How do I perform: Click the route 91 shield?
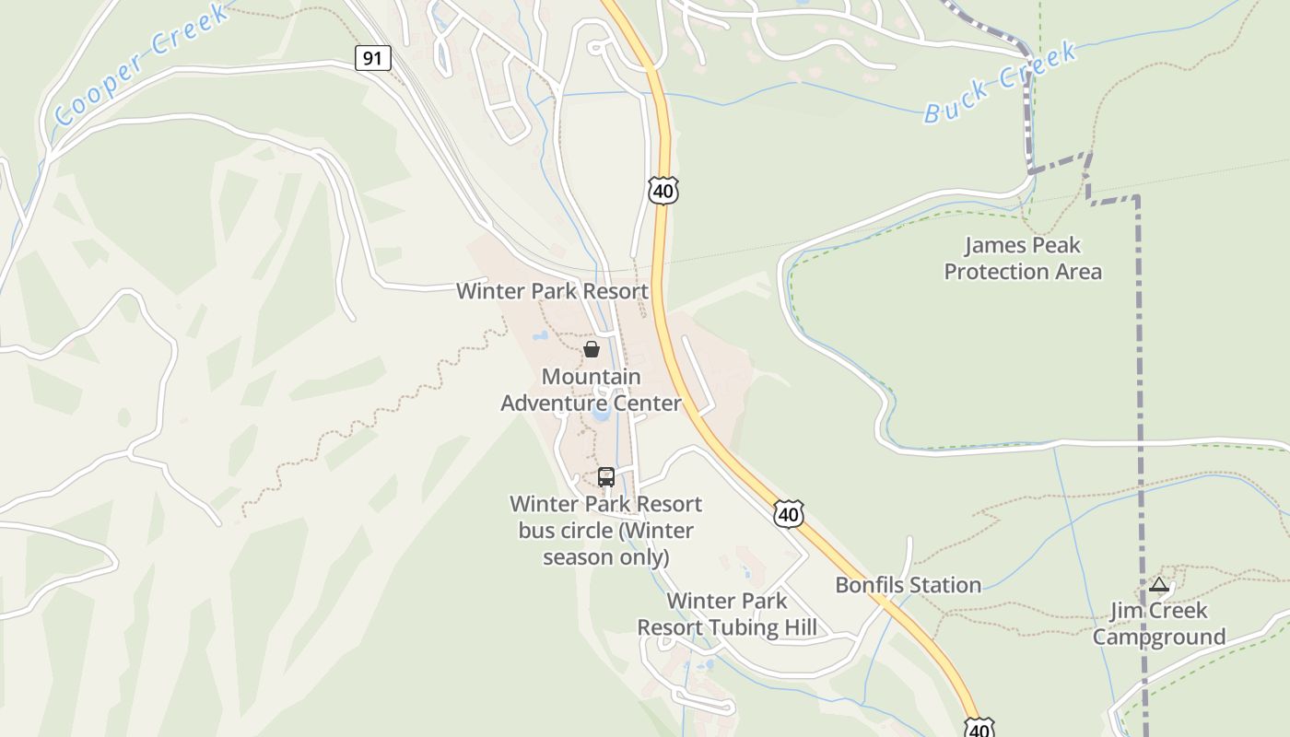pos(372,59)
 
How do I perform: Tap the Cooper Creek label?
pos(140,64)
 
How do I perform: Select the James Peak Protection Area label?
pos(1023,258)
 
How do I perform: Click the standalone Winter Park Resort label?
pos(553,291)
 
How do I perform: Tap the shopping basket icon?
pos(592,349)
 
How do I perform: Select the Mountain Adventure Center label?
pos(591,390)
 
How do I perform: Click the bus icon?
pos(606,476)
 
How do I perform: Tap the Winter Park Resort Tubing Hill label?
pos(727,614)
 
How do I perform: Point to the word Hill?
pos(797,628)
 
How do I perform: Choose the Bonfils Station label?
pos(908,585)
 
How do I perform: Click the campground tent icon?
pos(1159,584)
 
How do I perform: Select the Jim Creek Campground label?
pos(1159,624)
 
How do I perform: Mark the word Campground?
pos(1159,637)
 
